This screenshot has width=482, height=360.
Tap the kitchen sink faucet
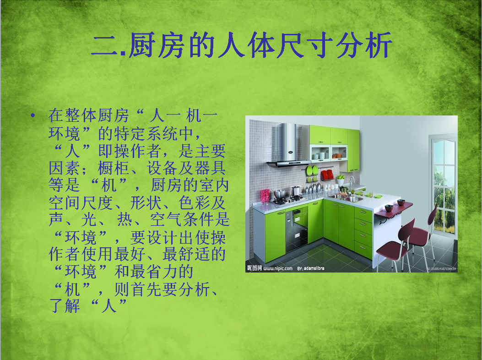click(352, 183)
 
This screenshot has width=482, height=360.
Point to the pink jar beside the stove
click(265, 196)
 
